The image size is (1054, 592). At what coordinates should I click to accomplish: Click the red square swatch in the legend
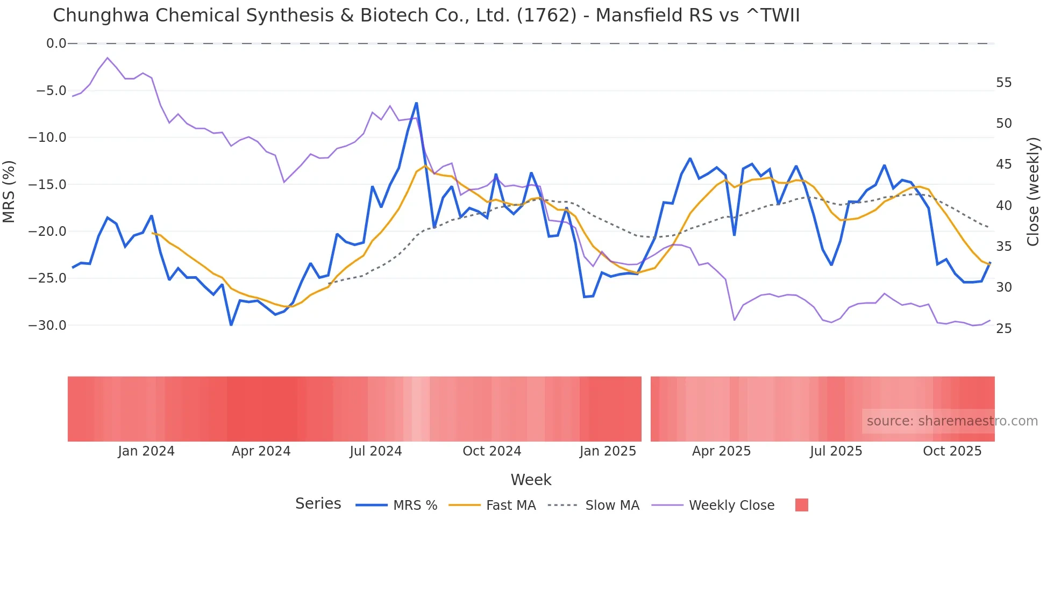tap(801, 505)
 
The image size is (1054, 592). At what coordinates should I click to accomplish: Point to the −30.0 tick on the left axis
tap(47, 326)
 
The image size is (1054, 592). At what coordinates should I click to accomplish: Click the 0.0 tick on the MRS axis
tap(56, 44)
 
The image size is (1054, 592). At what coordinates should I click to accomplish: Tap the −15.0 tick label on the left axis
tap(47, 185)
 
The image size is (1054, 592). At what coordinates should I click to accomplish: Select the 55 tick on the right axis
tap(1003, 83)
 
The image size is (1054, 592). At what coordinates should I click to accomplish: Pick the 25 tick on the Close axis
tap(1003, 329)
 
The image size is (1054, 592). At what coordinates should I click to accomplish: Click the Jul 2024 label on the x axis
tap(375, 451)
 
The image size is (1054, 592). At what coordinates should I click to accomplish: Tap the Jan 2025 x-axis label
tap(608, 451)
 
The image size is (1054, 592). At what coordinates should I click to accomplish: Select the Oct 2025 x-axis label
tap(952, 451)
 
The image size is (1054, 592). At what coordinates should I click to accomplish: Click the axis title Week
tap(531, 480)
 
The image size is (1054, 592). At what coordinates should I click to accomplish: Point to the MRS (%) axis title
tap(9, 191)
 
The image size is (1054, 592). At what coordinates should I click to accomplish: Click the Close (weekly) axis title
tap(1032, 191)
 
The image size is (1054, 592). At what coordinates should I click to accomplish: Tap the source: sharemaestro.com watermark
tap(952, 421)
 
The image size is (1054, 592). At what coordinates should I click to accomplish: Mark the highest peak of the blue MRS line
tap(416, 103)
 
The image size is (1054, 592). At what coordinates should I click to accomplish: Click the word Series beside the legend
tap(318, 504)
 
